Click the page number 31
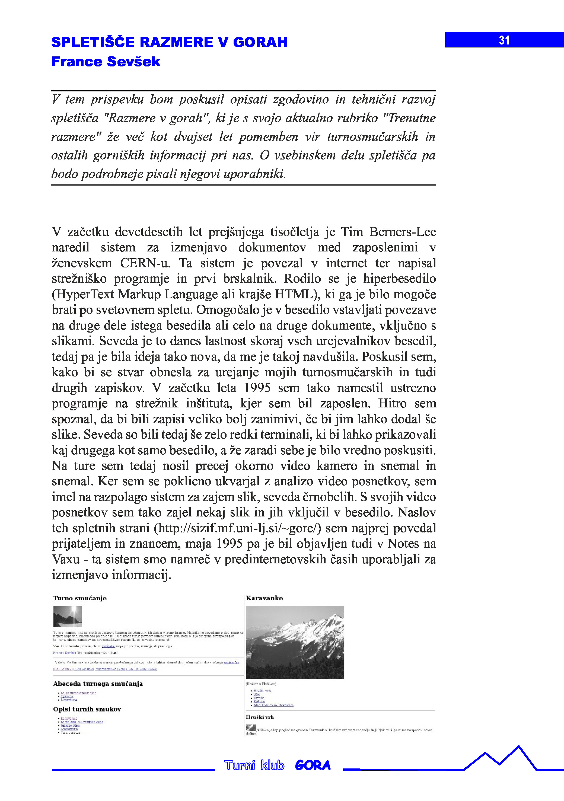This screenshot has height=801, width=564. tap(504, 40)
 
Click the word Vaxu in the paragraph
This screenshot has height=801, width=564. tap(66, 559)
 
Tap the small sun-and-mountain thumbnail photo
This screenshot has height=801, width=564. tap(68, 616)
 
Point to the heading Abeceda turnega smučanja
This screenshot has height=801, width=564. tap(98, 684)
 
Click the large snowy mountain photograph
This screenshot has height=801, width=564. tap(295, 642)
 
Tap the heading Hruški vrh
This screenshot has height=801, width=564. tap(260, 717)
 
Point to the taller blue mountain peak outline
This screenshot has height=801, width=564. tap(519, 748)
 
